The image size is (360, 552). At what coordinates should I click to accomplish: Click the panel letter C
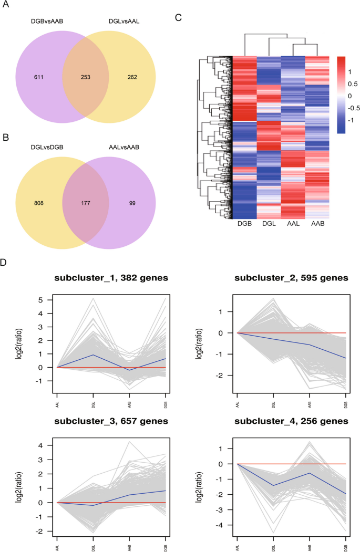[179, 17]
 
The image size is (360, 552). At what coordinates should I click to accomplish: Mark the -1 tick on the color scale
[352, 120]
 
